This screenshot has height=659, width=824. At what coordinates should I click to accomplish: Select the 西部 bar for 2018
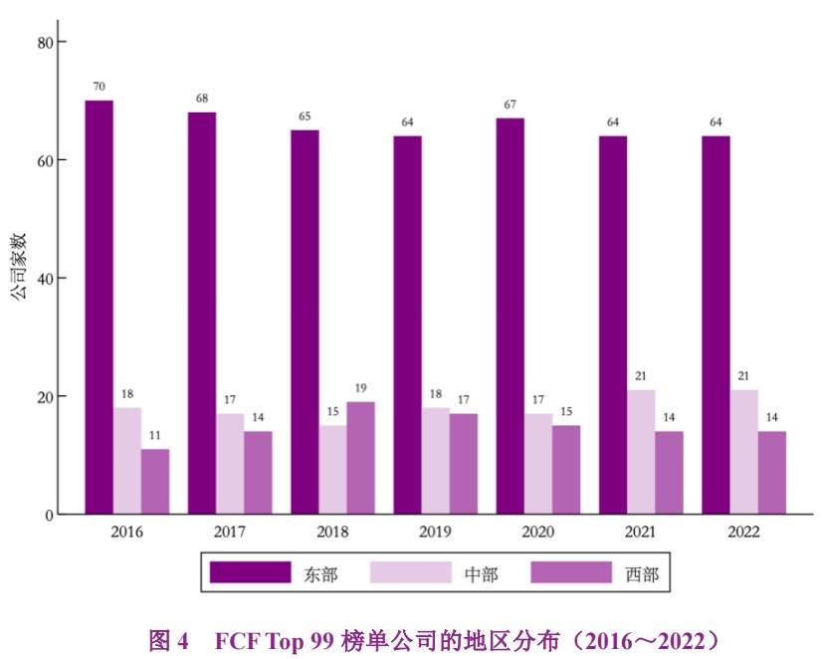pos(360,458)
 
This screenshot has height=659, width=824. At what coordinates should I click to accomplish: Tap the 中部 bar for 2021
pos(641,452)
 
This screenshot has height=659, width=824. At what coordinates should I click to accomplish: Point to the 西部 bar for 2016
pos(155,482)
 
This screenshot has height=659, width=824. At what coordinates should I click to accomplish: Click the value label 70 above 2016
pos(99,87)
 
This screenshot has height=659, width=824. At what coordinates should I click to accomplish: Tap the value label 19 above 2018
pos(360,388)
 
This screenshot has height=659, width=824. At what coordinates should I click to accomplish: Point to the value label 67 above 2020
pos(510,105)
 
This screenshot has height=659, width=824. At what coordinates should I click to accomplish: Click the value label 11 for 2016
pos(155,435)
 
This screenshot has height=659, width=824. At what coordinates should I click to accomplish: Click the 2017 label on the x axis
pos(230,532)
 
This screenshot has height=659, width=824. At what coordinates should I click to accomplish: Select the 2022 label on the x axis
pos(743,532)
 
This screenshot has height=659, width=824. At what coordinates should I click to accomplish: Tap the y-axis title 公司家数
pos(18,266)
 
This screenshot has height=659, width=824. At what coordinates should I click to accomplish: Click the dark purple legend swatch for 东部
pos(249,572)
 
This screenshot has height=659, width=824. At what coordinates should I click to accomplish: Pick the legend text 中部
pos(481,573)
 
